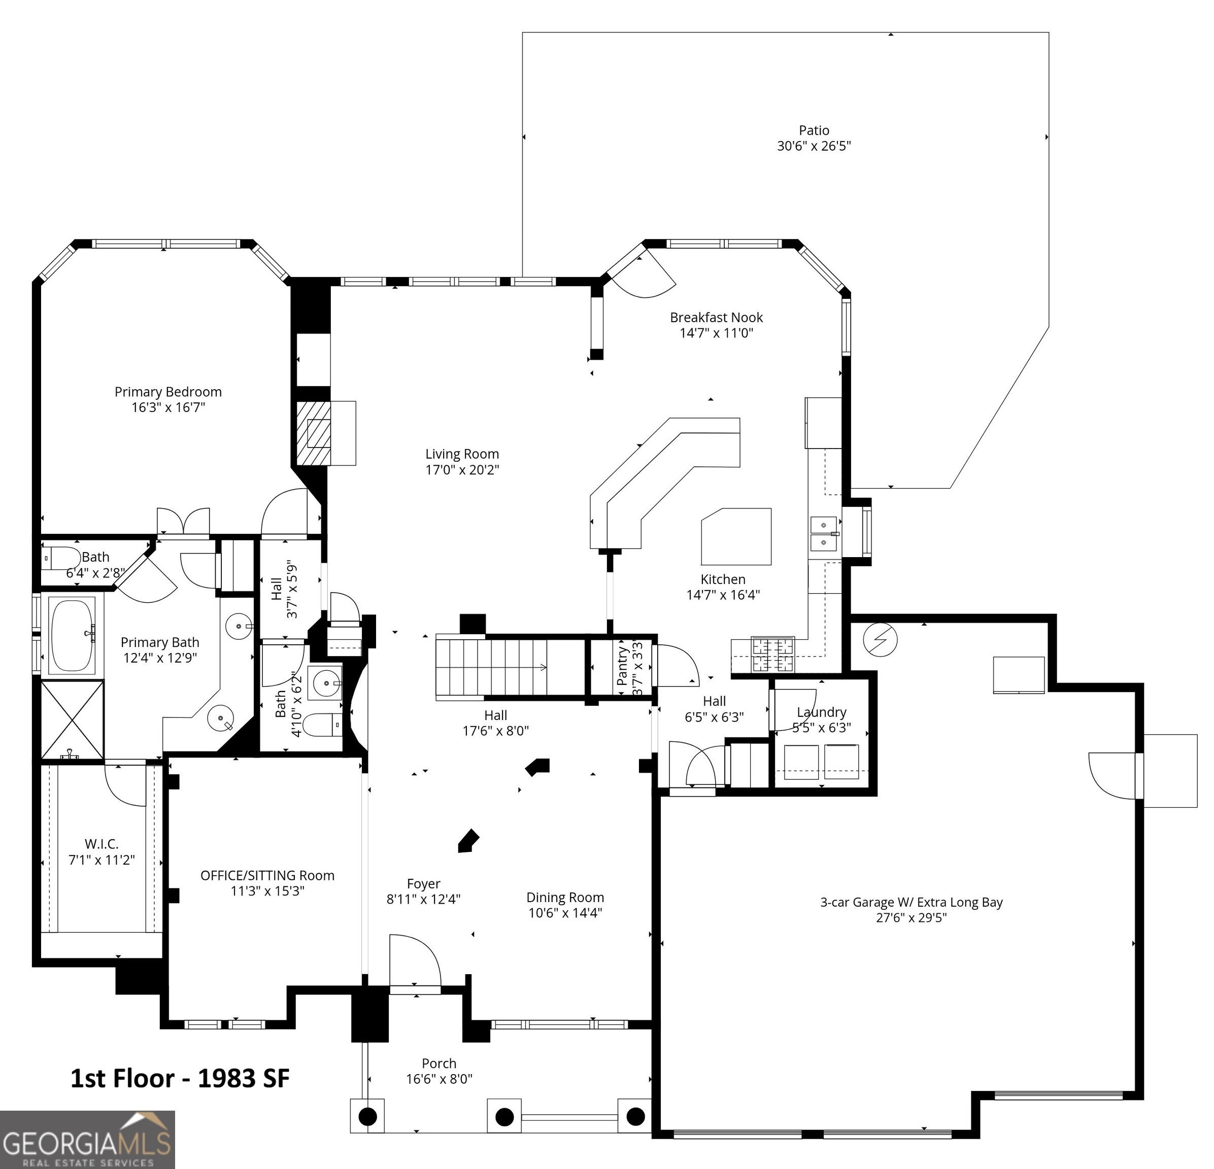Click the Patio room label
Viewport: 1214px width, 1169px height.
814,130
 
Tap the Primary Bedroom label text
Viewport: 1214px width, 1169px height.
168,392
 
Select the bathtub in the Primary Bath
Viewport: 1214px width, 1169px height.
73,635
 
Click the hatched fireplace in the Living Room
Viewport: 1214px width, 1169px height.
314,433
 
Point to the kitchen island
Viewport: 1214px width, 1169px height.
736,536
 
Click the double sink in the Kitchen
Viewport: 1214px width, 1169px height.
824,534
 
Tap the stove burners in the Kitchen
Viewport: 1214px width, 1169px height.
773,655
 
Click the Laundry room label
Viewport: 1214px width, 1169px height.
821,713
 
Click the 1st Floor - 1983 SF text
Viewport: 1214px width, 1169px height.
180,1079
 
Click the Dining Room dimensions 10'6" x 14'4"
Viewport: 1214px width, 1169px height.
565,913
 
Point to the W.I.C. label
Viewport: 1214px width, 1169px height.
102,844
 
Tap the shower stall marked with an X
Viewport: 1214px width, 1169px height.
73,719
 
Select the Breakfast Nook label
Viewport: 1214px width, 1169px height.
717,318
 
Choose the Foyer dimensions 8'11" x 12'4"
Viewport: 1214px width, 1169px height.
424,899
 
